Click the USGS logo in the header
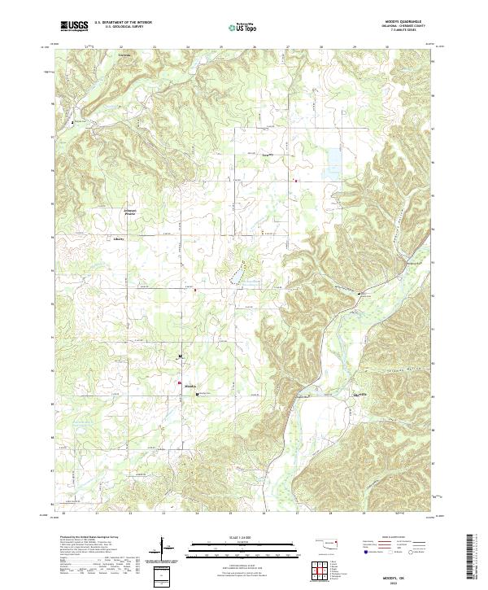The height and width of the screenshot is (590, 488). click(75, 26)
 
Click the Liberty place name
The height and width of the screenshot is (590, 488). click(120, 240)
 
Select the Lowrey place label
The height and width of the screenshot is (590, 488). click(264, 153)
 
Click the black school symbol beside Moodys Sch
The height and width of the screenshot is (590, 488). click(196, 394)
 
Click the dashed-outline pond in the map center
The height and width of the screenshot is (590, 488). click(237, 274)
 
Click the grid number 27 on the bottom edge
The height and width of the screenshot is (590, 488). click(298, 514)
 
